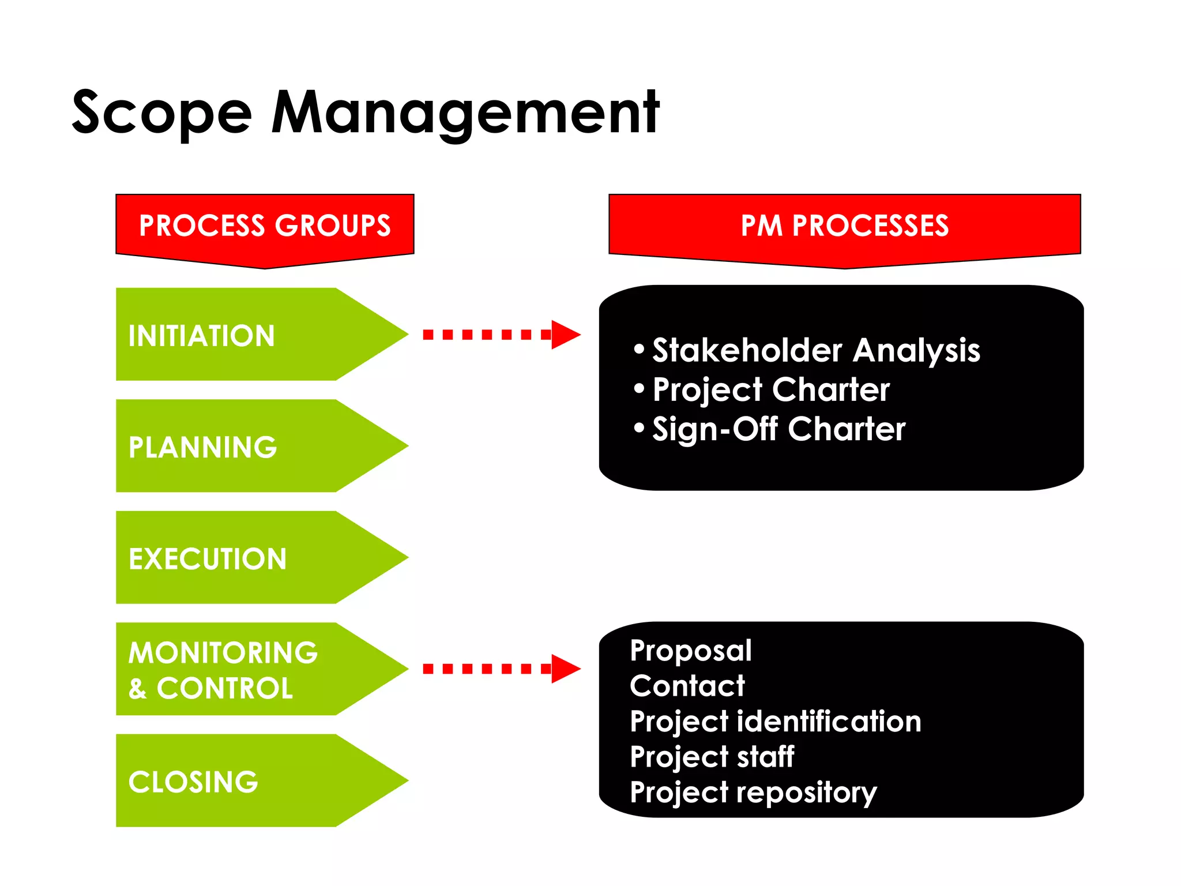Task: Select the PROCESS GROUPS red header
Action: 265,226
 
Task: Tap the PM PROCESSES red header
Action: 844,226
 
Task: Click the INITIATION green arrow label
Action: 201,336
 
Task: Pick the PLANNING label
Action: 202,447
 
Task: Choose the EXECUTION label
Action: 208,559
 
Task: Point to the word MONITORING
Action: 223,653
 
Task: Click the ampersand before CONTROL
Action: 137,689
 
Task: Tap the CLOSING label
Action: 193,782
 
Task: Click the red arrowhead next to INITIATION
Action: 565,335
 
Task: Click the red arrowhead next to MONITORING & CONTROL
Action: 565,669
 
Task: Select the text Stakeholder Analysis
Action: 815,350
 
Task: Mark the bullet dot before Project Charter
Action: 639,389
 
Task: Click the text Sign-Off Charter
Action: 778,429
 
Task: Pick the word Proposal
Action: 691,651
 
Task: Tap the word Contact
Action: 687,686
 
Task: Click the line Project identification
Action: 775,722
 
